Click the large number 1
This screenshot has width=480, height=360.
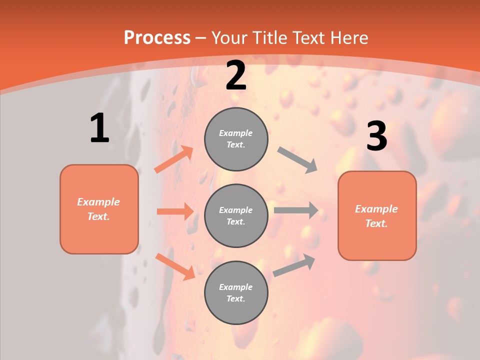[x=99, y=128]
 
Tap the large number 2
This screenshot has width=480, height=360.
[x=236, y=76]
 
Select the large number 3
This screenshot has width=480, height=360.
[x=377, y=136]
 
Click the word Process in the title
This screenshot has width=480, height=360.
[x=157, y=37]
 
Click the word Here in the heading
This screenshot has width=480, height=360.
[x=348, y=37]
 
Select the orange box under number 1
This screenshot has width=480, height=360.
[x=99, y=209]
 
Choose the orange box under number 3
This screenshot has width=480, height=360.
[x=377, y=215]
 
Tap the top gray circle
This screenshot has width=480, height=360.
[x=236, y=138]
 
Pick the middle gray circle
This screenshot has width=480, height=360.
[x=236, y=215]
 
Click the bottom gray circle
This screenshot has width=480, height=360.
[x=236, y=292]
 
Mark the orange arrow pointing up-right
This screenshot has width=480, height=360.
[x=174, y=159]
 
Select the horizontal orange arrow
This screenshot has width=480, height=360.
[x=175, y=211]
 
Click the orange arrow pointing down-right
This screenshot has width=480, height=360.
[x=175, y=266]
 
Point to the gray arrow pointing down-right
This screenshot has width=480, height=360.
[x=297, y=160]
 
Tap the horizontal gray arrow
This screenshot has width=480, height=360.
[x=296, y=210]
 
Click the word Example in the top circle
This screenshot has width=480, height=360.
[x=236, y=133]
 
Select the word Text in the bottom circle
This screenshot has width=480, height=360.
[x=235, y=298]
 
